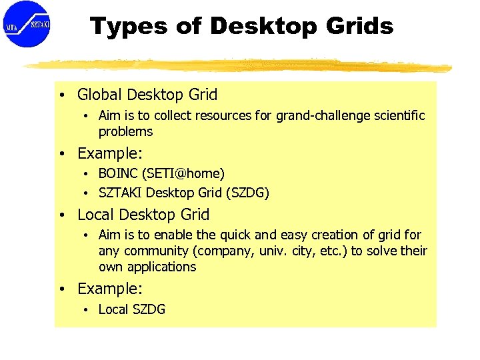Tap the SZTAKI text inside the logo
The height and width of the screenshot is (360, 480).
tap(39, 25)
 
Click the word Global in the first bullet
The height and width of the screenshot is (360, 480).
tap(99, 95)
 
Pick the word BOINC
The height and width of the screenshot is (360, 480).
tap(118, 174)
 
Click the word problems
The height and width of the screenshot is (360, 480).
tap(125, 132)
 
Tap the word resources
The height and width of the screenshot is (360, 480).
tap(223, 116)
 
